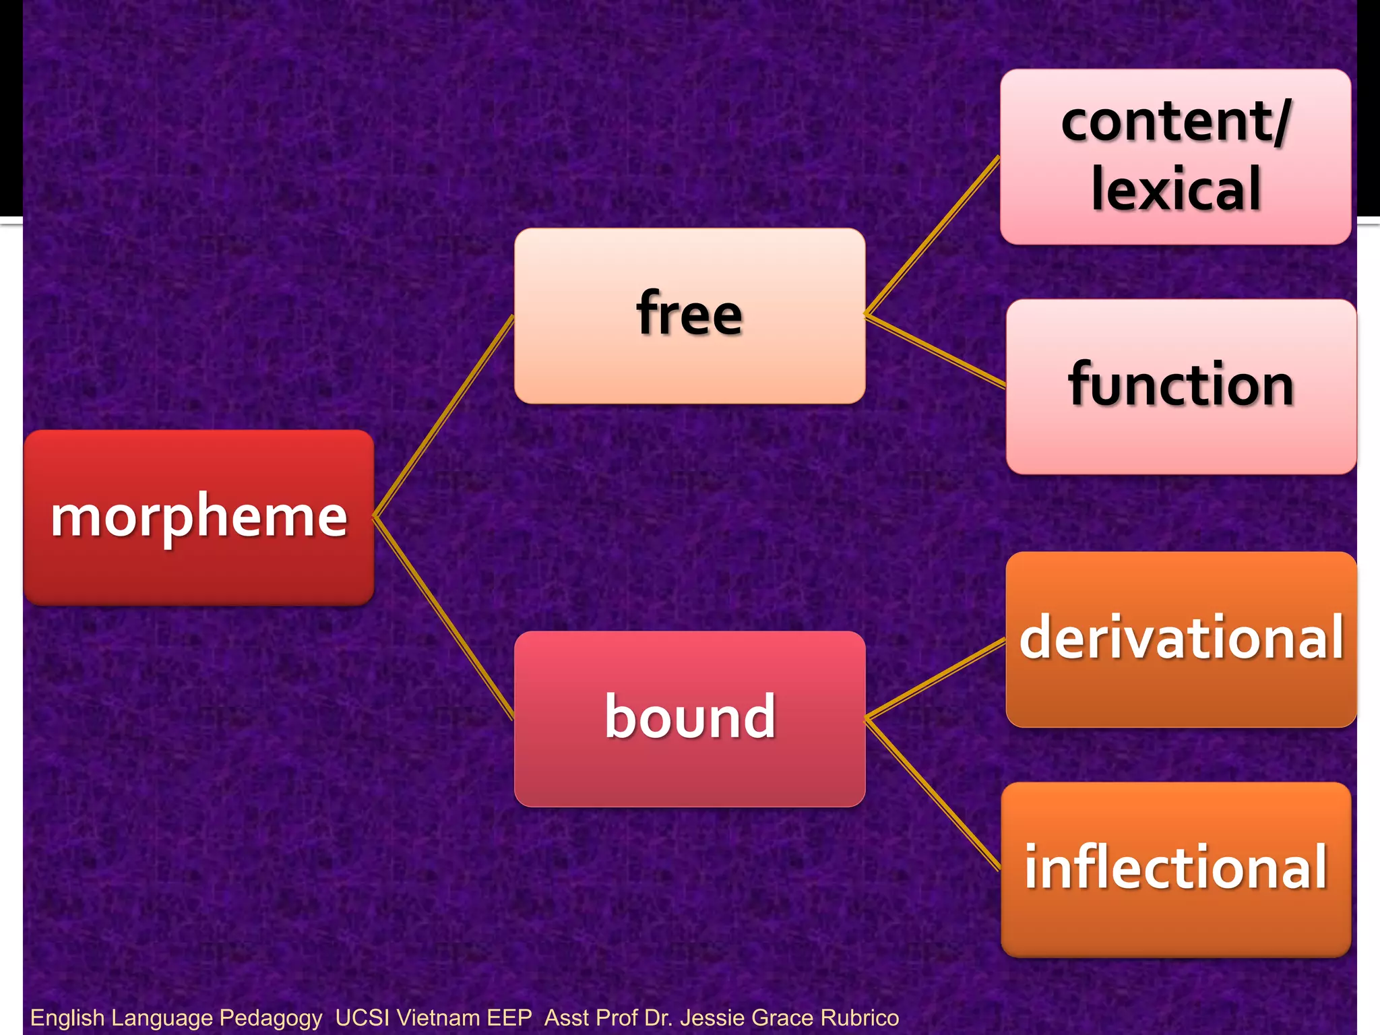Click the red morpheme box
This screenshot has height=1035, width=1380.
(x=199, y=517)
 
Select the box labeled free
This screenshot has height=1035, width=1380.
(x=689, y=315)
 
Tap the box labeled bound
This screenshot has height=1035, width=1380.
(x=689, y=718)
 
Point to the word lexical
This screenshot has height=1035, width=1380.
(x=1175, y=189)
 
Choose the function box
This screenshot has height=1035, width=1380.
(x=1181, y=386)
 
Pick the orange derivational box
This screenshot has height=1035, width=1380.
(x=1181, y=639)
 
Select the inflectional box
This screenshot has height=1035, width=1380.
(x=1176, y=869)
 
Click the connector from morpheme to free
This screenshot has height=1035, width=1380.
(x=444, y=416)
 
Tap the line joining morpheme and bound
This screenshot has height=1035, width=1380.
(x=444, y=619)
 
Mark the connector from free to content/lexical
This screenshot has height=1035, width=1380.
(x=932, y=235)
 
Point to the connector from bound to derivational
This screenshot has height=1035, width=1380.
(x=935, y=679)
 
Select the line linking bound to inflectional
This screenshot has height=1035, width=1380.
(x=933, y=794)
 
